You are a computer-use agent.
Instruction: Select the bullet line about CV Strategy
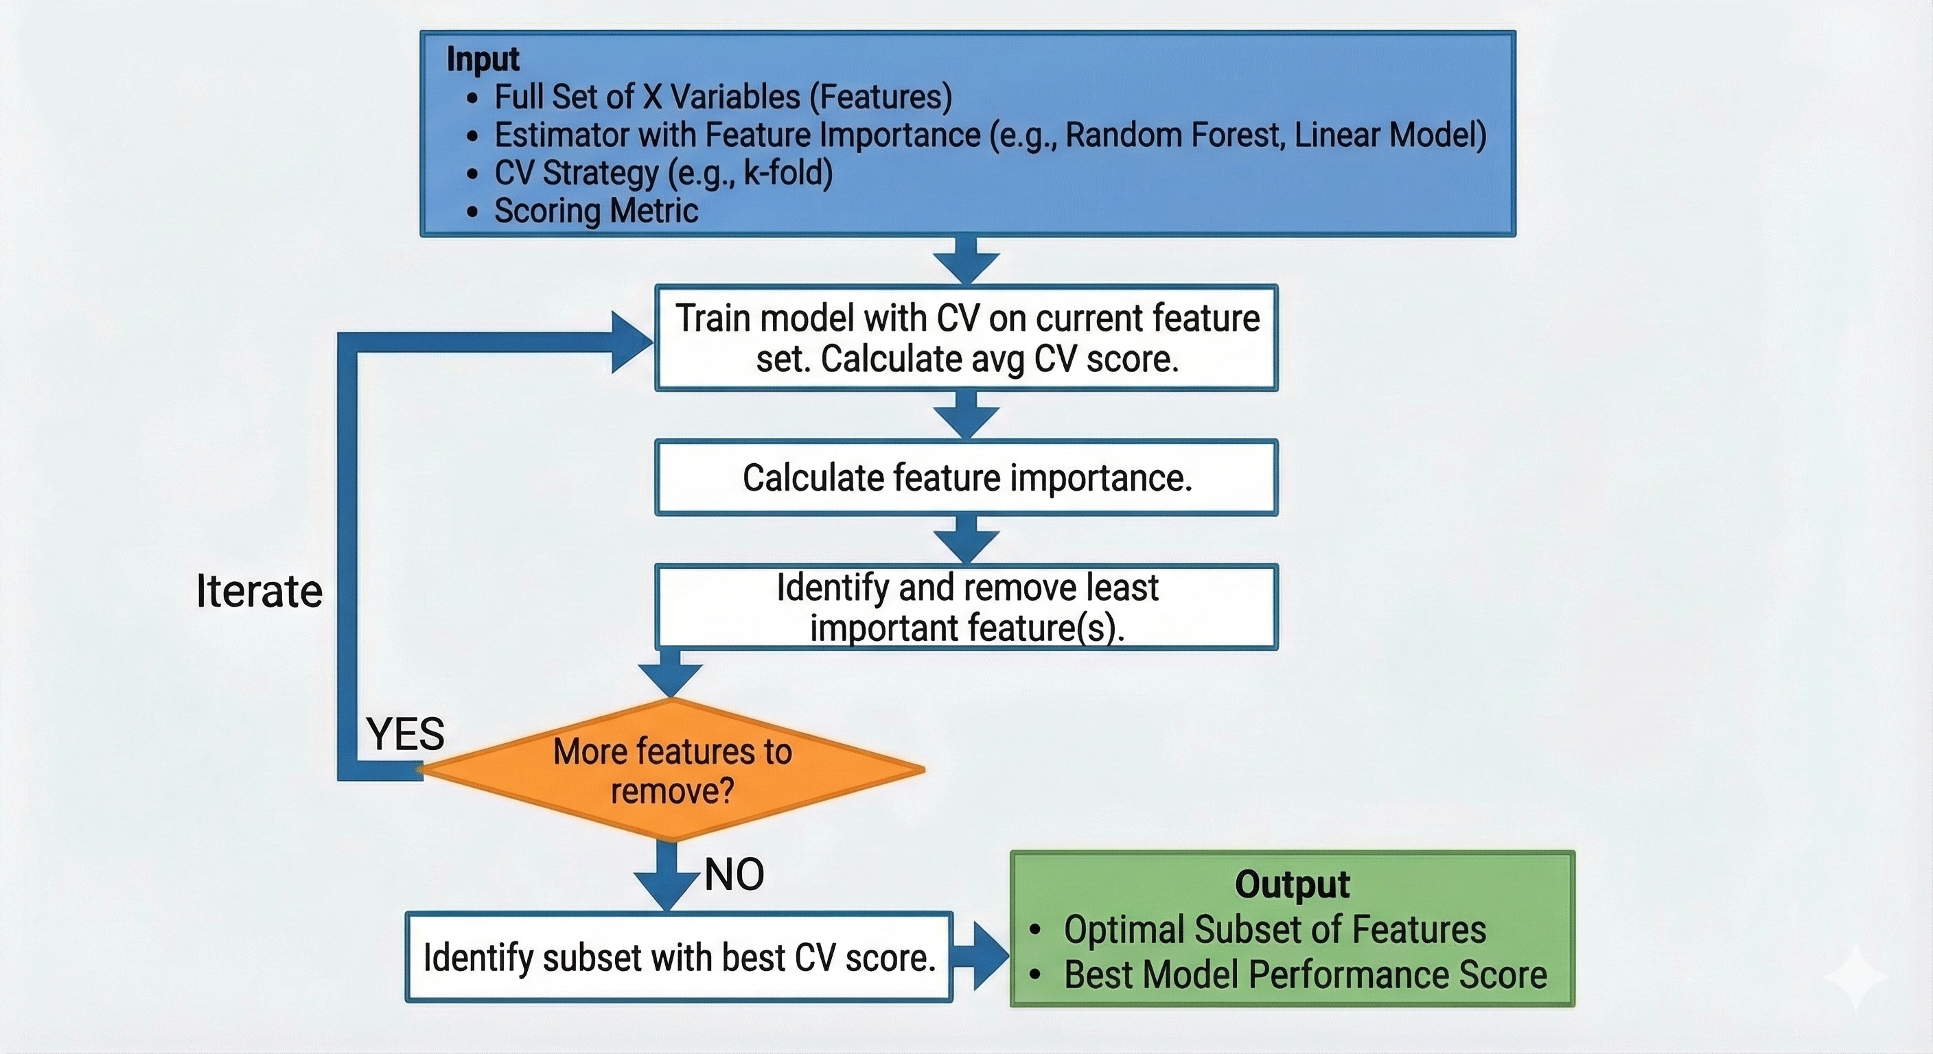click(x=662, y=174)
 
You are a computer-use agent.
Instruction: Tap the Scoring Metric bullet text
click(x=596, y=211)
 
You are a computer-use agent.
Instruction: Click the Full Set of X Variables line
click(x=723, y=97)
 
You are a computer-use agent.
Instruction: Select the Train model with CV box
click(x=966, y=338)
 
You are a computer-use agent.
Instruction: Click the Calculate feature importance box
click(x=966, y=478)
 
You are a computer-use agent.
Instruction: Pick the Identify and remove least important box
click(x=966, y=607)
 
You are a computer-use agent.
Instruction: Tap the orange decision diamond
click(x=672, y=771)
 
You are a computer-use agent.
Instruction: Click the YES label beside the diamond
click(x=405, y=734)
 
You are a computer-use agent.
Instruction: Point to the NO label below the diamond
click(x=734, y=875)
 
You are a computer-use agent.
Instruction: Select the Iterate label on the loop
click(x=259, y=591)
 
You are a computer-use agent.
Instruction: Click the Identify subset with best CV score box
click(x=679, y=957)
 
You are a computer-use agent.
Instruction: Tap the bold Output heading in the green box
click(x=1291, y=885)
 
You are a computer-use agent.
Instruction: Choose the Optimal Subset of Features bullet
click(x=1274, y=930)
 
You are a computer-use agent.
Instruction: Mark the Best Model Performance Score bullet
click(x=1305, y=975)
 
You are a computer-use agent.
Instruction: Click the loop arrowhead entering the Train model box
click(x=632, y=343)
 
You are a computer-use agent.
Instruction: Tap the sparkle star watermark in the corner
click(x=1856, y=976)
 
